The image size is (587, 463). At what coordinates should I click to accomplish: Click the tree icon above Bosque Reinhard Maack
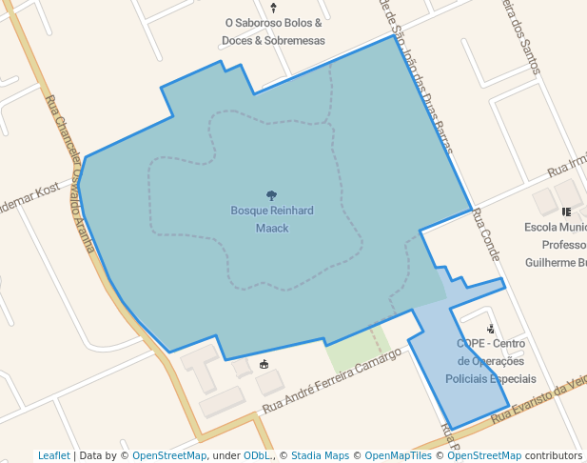(x=272, y=195)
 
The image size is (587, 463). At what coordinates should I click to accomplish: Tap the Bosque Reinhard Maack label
(x=272, y=219)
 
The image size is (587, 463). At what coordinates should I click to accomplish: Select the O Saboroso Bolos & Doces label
(x=274, y=31)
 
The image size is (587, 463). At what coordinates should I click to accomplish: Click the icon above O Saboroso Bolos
(x=274, y=6)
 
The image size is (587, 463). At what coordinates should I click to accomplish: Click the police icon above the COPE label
(x=490, y=329)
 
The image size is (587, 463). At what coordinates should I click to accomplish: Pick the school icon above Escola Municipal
(x=567, y=211)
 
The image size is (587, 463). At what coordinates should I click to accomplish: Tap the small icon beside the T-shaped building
(x=264, y=364)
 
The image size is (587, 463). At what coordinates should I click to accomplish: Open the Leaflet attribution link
(x=53, y=455)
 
